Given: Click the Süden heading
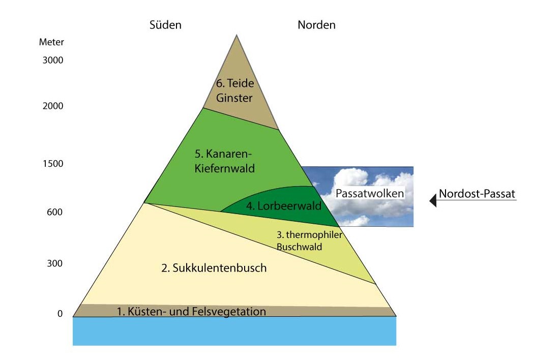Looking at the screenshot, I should click(x=165, y=25).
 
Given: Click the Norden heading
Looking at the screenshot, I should click(x=316, y=25).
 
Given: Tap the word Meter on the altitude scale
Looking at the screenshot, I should click(x=51, y=42).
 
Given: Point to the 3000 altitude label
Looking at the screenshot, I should click(x=53, y=60).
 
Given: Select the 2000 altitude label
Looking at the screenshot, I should click(x=53, y=106).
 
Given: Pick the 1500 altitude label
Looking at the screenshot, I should click(x=53, y=164).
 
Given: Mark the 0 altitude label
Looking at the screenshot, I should click(x=60, y=314).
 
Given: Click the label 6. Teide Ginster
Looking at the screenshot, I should click(x=234, y=91).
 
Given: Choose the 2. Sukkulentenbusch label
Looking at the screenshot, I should click(x=214, y=268).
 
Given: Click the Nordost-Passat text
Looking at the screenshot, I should click(x=477, y=194).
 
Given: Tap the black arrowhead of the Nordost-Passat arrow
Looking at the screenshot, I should click(x=433, y=200).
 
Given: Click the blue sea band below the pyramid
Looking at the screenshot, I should click(x=234, y=331).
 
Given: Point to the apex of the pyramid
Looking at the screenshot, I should click(x=236, y=36).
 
